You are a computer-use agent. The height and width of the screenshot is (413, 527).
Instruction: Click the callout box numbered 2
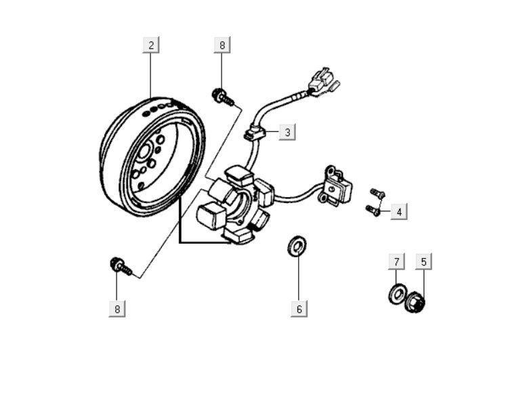[151, 45]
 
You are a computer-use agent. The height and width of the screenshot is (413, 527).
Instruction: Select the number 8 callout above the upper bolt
[222, 45]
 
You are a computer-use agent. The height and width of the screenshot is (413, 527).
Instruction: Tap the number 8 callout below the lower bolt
[117, 309]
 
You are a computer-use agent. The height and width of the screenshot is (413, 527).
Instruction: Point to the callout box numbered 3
[287, 132]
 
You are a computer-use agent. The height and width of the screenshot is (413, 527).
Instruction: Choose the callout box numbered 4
[399, 212]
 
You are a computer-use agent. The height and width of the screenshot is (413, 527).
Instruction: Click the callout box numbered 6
[299, 309]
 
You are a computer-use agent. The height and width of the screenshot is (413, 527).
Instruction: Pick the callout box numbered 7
[397, 261]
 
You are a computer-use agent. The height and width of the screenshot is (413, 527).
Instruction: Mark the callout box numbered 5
[423, 261]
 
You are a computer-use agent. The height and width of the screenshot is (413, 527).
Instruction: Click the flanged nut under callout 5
[415, 303]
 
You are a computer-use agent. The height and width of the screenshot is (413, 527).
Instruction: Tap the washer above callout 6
[296, 246]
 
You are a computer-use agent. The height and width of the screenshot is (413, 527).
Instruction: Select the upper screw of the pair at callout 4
[378, 194]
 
